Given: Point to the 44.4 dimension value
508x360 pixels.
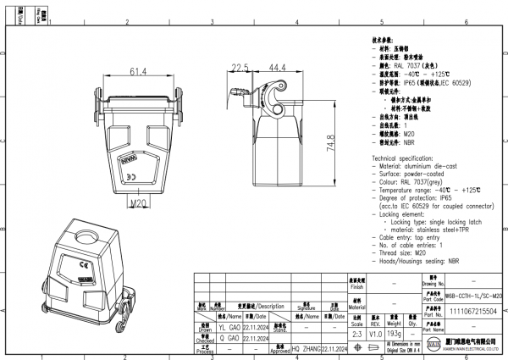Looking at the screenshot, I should [277, 66].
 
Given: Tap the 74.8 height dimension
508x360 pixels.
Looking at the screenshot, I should [329, 146].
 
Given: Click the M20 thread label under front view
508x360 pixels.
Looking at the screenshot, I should [141, 203].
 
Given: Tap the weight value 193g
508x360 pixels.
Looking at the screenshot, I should [394, 335].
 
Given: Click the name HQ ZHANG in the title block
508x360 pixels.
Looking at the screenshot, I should [306, 347].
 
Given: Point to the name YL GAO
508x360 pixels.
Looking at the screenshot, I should [229, 324].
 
